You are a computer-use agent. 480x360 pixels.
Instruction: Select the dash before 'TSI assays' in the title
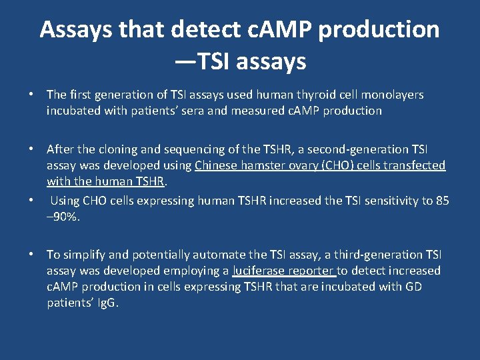point(186,61)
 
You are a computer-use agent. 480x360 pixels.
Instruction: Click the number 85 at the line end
point(442,200)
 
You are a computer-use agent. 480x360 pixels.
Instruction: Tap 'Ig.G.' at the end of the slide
point(104,303)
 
